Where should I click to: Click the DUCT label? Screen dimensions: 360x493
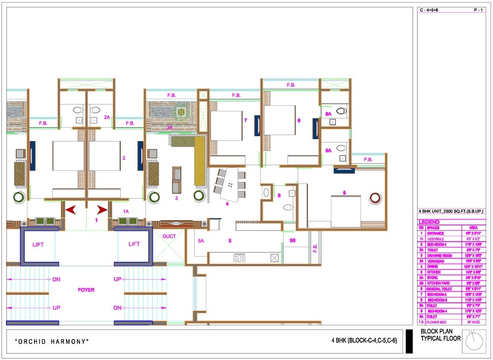169,237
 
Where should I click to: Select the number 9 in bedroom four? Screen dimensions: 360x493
344,193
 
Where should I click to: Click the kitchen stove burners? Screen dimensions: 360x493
239,257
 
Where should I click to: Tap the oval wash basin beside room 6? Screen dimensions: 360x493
266,192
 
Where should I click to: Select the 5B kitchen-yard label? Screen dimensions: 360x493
292,241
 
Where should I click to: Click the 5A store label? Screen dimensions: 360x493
201,241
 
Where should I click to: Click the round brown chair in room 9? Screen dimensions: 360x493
376,198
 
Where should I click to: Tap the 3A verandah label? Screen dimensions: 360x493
169,128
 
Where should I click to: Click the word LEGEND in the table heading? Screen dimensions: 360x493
429,222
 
